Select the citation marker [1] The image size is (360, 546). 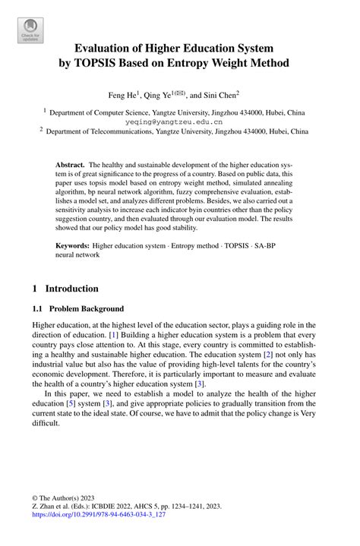click(114, 335)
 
